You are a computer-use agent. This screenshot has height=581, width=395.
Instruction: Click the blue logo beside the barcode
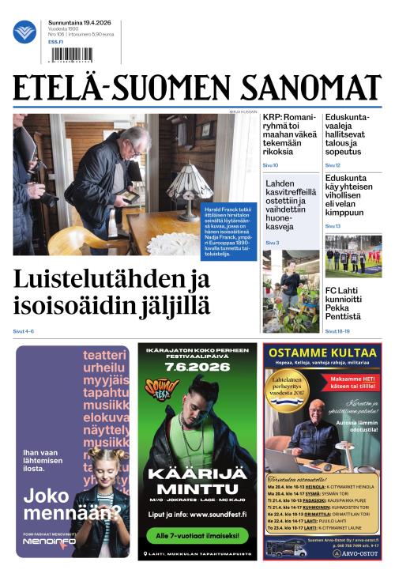(24, 32)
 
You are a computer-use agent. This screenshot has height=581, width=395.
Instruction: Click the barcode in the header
(70, 55)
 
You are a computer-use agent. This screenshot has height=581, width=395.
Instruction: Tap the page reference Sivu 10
(270, 165)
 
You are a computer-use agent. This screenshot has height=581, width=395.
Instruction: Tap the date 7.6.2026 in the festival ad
(197, 365)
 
